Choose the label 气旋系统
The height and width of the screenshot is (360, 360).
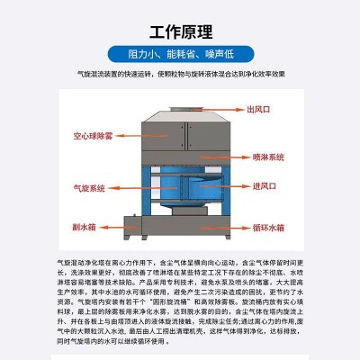[x=89, y=188]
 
